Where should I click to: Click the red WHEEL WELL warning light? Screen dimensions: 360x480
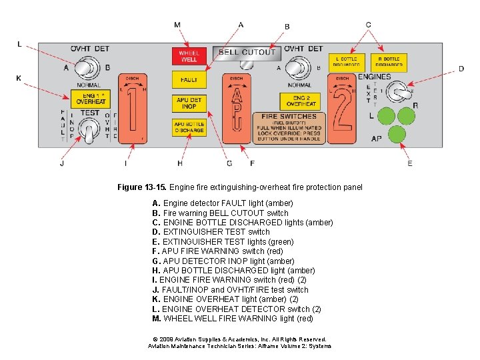click(x=189, y=57)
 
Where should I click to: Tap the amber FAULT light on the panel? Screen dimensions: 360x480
click(x=189, y=80)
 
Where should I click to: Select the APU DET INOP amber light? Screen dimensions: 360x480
click(x=189, y=103)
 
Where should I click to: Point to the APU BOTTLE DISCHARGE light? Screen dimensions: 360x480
click(x=189, y=127)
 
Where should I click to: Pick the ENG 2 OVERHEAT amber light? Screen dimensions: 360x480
click(x=301, y=101)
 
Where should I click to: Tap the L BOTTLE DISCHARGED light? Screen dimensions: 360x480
click(x=347, y=62)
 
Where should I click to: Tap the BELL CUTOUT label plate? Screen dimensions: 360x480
click(x=247, y=52)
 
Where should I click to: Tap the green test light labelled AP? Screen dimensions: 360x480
click(x=397, y=135)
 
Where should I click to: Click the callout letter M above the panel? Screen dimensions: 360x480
click(x=177, y=25)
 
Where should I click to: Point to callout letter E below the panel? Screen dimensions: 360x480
click(x=409, y=163)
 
